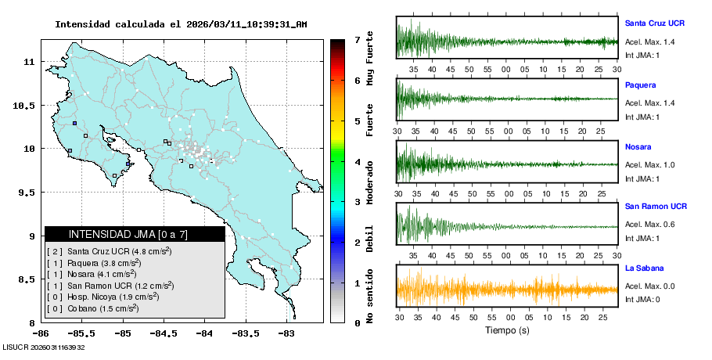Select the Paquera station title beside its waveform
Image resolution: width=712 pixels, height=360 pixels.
(x=641, y=85)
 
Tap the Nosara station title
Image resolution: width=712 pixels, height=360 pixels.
(x=638, y=146)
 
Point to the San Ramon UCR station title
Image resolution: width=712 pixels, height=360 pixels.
(x=656, y=207)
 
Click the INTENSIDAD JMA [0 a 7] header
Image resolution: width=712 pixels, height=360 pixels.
(x=135, y=234)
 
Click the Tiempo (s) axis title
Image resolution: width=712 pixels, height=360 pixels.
(x=507, y=330)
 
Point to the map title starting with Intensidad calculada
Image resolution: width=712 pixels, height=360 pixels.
(x=181, y=24)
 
